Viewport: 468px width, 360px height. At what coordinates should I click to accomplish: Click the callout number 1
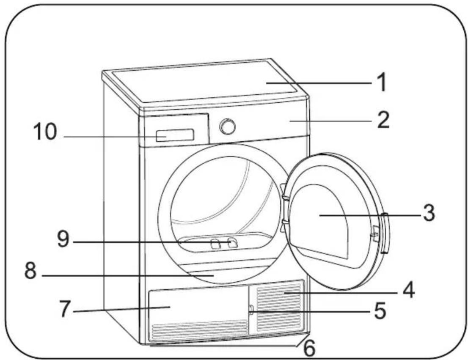click(x=381, y=82)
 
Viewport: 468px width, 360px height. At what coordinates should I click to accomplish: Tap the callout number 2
click(x=383, y=120)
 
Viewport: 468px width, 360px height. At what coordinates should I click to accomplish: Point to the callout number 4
click(x=408, y=289)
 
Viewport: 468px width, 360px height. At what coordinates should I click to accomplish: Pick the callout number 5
click(x=380, y=311)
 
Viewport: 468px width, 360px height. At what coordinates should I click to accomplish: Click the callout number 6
click(x=309, y=348)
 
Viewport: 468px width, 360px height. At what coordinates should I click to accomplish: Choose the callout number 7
click(x=65, y=309)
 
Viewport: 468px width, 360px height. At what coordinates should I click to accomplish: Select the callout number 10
click(x=45, y=131)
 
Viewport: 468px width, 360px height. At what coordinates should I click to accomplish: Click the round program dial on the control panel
click(x=227, y=126)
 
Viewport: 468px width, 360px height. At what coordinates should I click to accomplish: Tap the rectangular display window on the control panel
click(x=175, y=135)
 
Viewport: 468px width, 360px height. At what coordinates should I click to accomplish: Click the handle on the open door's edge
click(x=385, y=233)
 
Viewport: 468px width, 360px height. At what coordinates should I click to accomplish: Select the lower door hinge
click(x=284, y=225)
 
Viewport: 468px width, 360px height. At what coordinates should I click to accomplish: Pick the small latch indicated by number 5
click(x=251, y=310)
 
